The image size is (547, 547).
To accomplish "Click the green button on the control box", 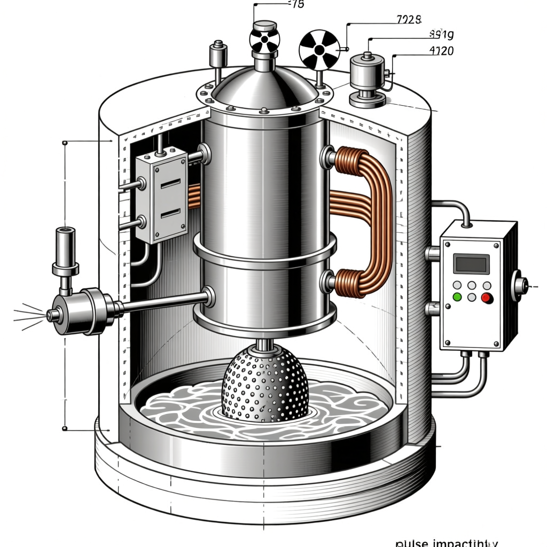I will click(x=457, y=297).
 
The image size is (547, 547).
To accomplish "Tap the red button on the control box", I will click(x=487, y=298).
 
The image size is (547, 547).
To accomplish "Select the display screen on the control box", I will click(x=471, y=264).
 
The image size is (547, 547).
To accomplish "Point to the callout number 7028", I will click(x=409, y=20).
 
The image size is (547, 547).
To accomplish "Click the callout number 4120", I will click(x=441, y=51).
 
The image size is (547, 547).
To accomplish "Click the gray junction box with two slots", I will click(x=161, y=195).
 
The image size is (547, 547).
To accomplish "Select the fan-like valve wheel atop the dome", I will click(x=264, y=41).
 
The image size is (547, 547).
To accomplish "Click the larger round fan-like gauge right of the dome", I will click(x=319, y=50).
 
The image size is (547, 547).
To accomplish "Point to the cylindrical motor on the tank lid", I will click(x=368, y=77).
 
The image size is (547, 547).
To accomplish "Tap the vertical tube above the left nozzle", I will click(x=65, y=251).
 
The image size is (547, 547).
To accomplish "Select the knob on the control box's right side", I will click(x=518, y=285).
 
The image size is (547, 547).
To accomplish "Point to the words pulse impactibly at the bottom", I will click(x=446, y=542).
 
